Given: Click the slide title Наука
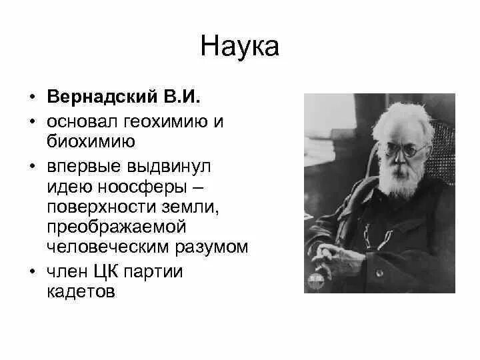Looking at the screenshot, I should click(x=239, y=47).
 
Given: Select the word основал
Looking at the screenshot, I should click(x=80, y=123).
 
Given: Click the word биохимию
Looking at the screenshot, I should click(x=92, y=141).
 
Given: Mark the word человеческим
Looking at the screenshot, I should click(x=105, y=247).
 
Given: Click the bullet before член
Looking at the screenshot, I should click(x=32, y=272).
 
